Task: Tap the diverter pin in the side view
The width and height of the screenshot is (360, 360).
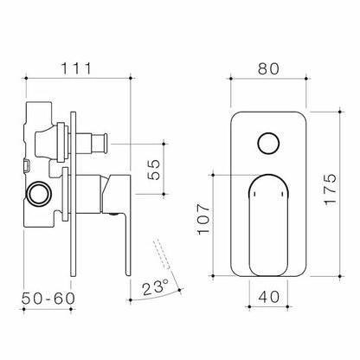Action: coord(101,138)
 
